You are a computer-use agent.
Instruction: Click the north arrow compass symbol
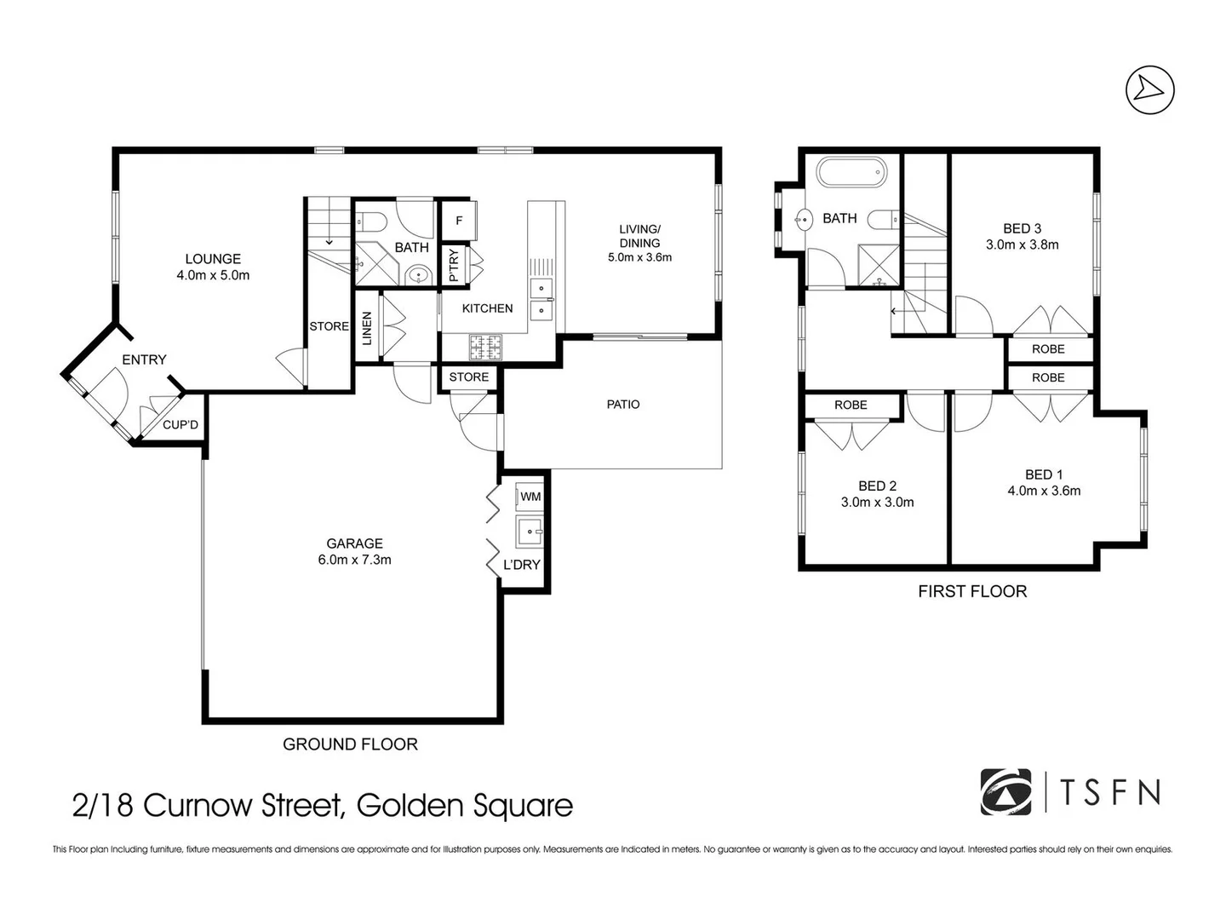(x=1149, y=89)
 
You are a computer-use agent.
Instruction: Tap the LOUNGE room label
(x=213, y=259)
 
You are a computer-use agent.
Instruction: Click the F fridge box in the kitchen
(x=459, y=221)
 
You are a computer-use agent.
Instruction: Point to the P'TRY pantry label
(x=454, y=265)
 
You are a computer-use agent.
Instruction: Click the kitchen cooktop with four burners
(x=486, y=347)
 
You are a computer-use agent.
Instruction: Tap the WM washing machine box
(x=530, y=496)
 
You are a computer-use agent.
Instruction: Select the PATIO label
(x=622, y=405)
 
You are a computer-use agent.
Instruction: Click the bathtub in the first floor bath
(x=851, y=172)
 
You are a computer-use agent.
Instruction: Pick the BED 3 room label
(x=1022, y=228)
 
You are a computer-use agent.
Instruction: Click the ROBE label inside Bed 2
(x=851, y=405)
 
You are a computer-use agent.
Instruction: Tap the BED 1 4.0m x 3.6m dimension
(x=1044, y=491)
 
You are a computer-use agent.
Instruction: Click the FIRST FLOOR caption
(x=972, y=591)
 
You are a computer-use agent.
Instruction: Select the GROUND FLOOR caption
(x=350, y=745)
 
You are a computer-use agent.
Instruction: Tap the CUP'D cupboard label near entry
(x=180, y=423)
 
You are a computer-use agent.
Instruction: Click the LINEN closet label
(x=367, y=328)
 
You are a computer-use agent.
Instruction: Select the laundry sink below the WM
(x=530, y=531)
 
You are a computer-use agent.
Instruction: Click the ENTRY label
(x=144, y=359)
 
